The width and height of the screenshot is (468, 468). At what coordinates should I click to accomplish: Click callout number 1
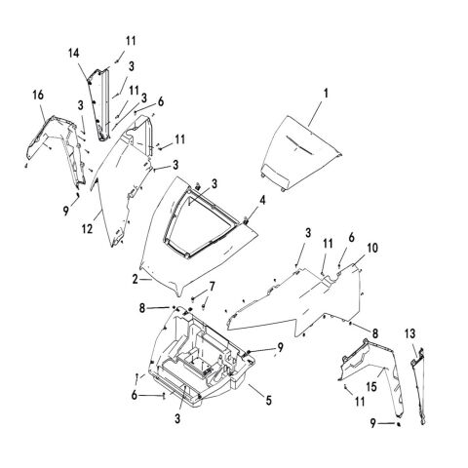(326, 94)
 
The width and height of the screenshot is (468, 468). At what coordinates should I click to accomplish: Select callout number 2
(136, 279)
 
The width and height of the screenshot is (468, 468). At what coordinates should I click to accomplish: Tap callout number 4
(262, 200)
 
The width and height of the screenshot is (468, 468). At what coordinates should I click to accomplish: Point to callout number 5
(268, 400)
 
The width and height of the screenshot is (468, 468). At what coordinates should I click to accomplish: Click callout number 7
(212, 287)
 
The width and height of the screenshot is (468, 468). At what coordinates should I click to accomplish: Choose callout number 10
(372, 248)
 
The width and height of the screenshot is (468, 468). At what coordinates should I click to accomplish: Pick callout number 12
(87, 229)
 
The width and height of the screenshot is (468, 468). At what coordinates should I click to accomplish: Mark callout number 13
(410, 333)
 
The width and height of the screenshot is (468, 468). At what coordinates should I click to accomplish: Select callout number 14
(74, 54)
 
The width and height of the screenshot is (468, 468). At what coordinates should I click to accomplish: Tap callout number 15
(371, 387)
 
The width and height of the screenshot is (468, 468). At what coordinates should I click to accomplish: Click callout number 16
(38, 96)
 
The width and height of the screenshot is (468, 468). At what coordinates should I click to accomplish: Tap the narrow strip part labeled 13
(418, 385)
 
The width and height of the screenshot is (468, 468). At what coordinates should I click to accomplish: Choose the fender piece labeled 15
(373, 370)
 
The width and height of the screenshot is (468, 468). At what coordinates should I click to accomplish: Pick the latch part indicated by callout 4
(246, 221)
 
